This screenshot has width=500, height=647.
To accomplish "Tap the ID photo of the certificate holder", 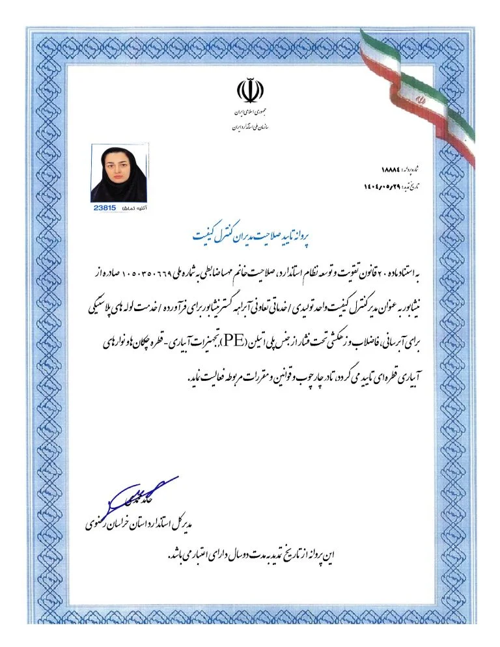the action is point(119,174).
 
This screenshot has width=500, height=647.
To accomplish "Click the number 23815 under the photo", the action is point(104,207).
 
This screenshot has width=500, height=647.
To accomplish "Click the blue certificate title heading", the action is point(250,235).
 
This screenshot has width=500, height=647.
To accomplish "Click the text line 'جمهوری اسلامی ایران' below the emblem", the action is point(249,113).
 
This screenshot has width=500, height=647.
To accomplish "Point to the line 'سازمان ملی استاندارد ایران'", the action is point(249,126).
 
